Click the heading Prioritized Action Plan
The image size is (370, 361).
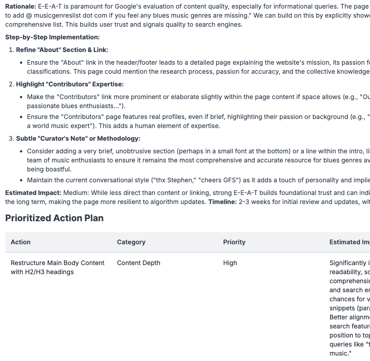[54, 218]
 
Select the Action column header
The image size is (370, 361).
[21, 242]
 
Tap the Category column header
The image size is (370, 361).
[131, 242]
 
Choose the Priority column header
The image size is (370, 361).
[234, 242]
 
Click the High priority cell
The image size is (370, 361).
[230, 263]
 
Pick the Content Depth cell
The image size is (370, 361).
[138, 263]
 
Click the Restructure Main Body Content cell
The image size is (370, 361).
[58, 267]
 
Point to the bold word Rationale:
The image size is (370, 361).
[21, 7]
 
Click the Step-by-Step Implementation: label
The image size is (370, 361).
[53, 37]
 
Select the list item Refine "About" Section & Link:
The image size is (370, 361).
[62, 50]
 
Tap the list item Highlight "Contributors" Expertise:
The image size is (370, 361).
[70, 84]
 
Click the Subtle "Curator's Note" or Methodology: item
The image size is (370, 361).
[78, 138]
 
